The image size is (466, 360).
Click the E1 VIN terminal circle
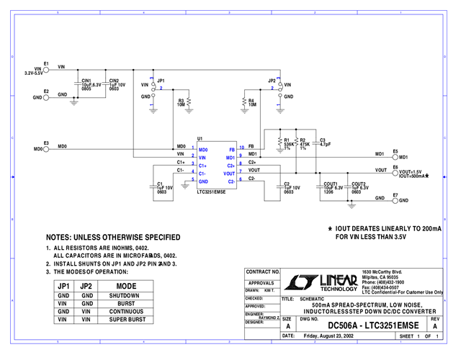(x=48, y=69)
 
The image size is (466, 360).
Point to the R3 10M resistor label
(x=182, y=102)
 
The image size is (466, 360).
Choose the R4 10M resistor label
(x=251, y=102)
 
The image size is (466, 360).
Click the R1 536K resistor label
(x=287, y=143)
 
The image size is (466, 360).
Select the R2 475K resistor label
(x=303, y=143)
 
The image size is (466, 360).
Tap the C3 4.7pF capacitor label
(x=324, y=142)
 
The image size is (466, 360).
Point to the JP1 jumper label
(x=161, y=81)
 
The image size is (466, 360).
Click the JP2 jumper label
(x=272, y=81)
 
